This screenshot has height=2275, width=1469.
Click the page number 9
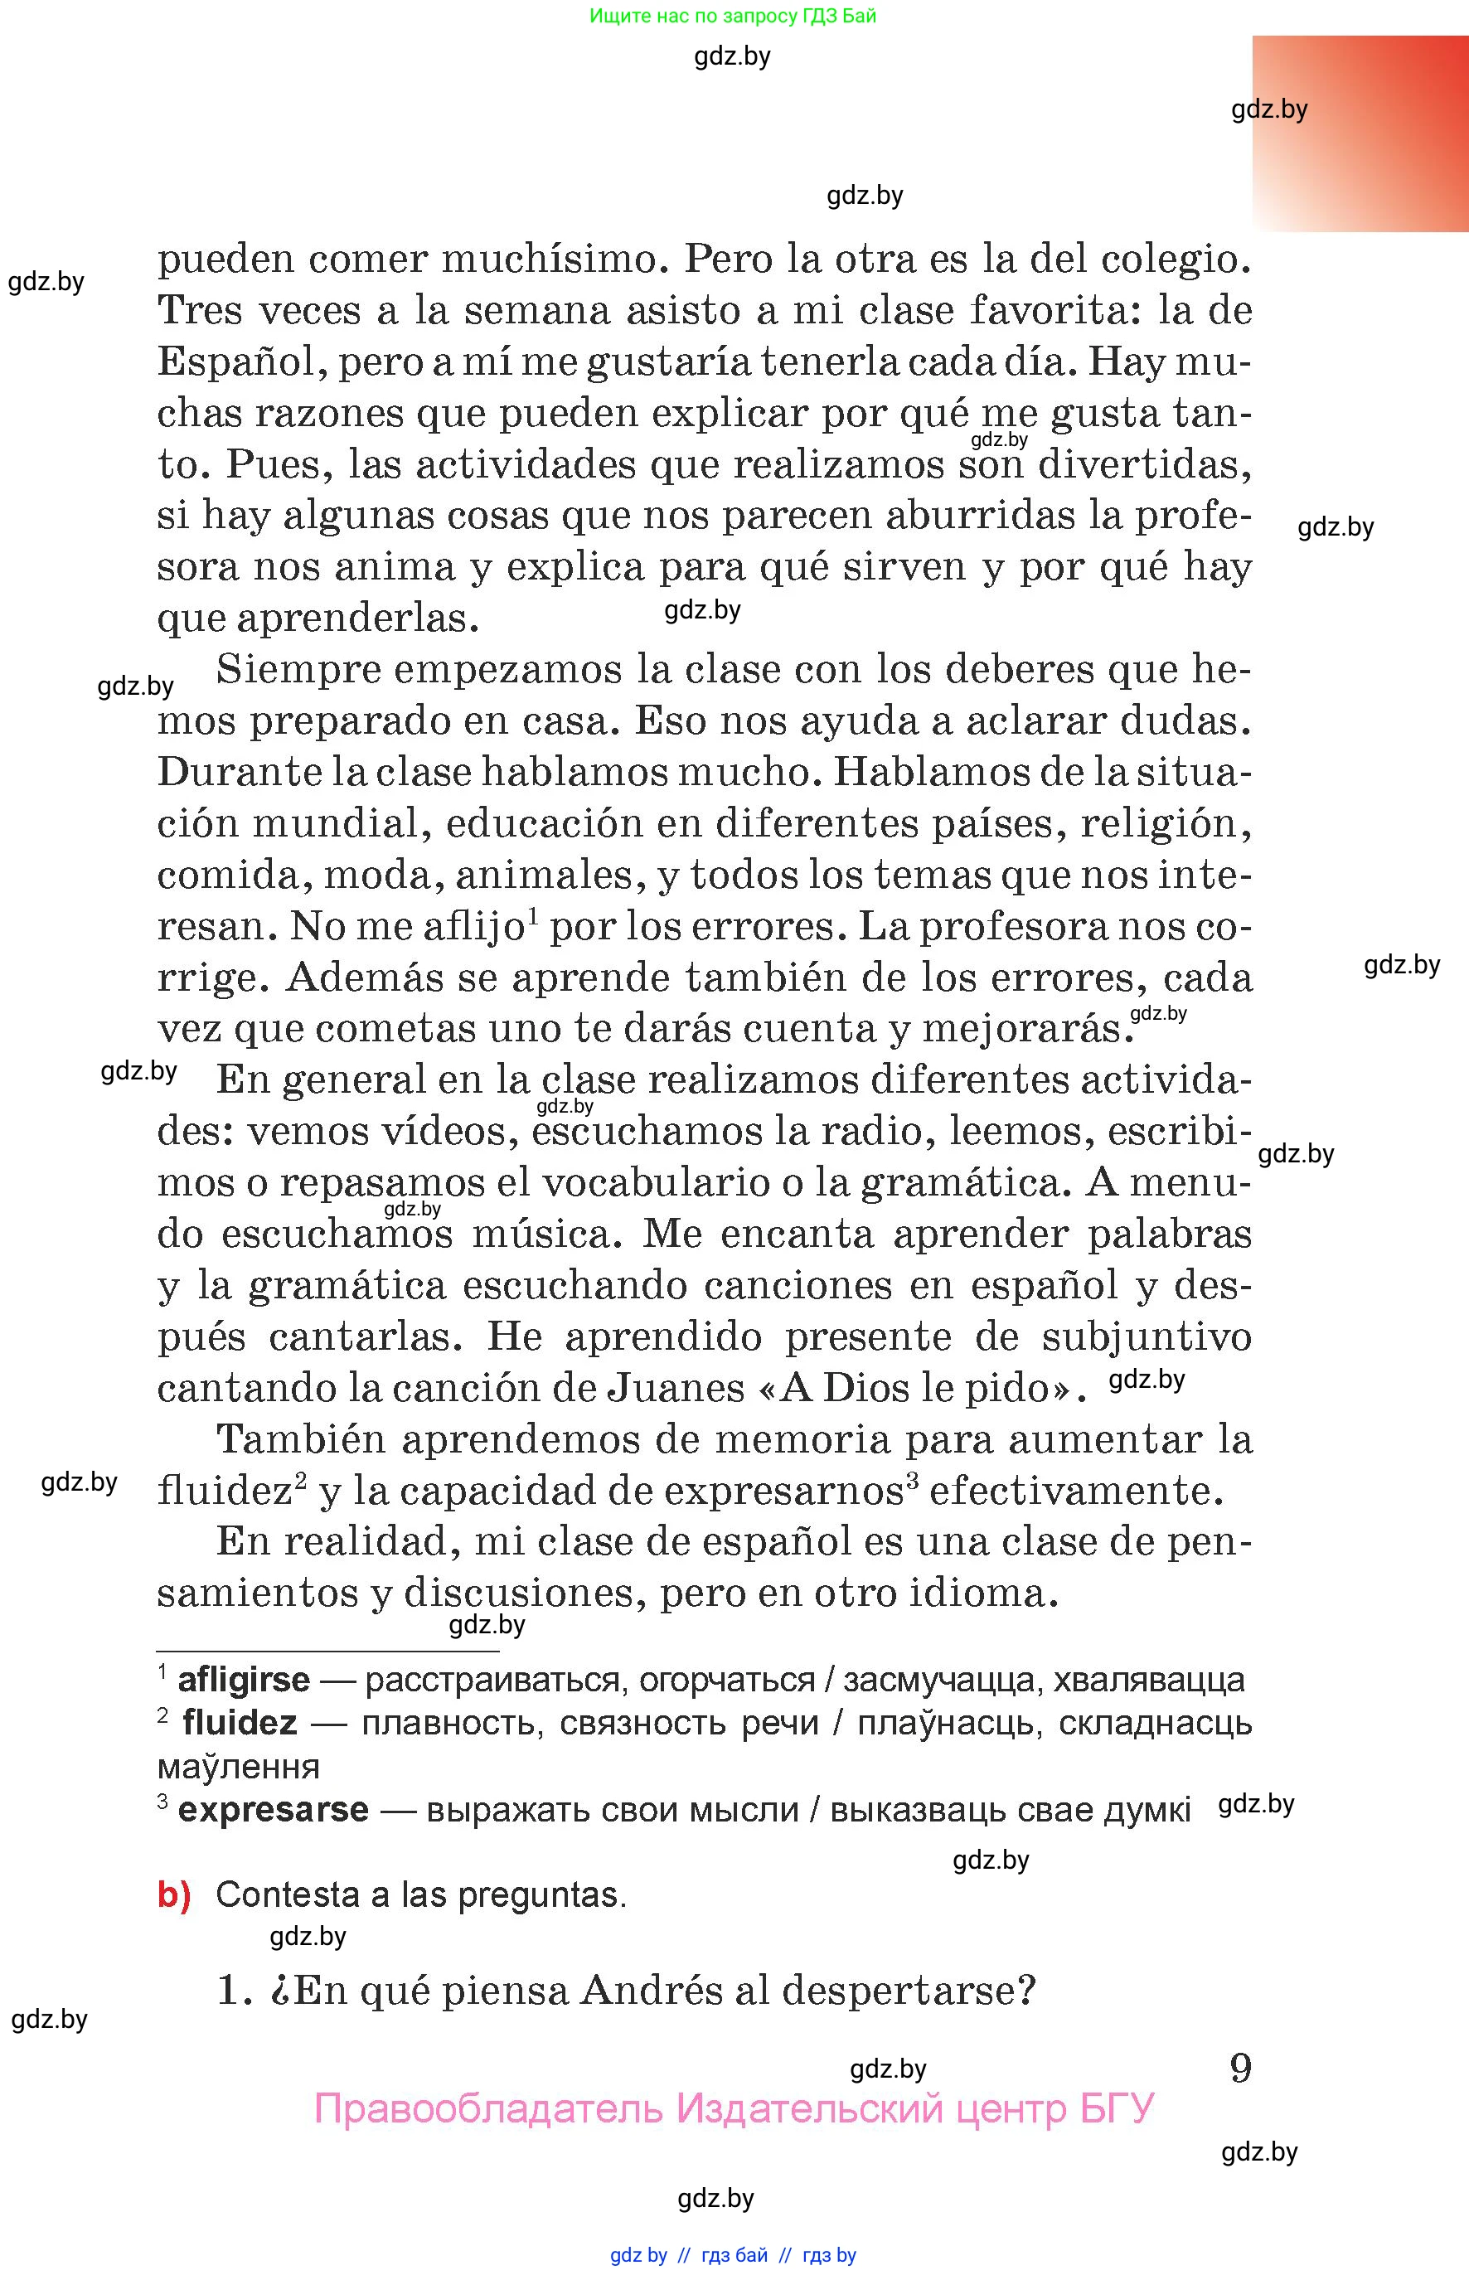point(1240,2068)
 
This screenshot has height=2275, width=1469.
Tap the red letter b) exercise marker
point(173,1894)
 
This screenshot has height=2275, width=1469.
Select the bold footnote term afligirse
point(243,1680)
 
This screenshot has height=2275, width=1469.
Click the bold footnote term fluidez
point(240,1723)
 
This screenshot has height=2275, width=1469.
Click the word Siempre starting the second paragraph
point(293,670)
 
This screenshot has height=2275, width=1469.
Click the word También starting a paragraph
point(297,1439)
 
